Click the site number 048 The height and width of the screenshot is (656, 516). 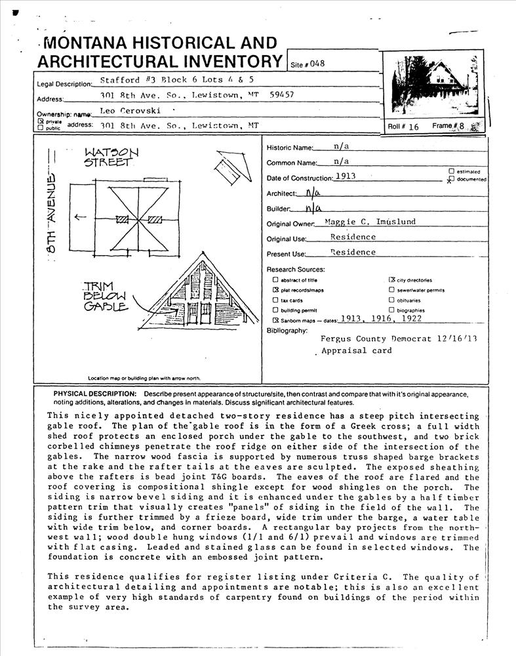coord(317,64)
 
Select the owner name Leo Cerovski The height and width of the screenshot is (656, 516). coord(130,111)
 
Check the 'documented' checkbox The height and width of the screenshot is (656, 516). coord(451,178)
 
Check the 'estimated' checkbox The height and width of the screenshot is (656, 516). coord(451,171)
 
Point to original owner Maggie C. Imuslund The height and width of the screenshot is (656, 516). coord(370,222)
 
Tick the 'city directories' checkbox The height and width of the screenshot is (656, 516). coord(391,279)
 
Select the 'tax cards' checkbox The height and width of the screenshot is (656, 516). coord(275,300)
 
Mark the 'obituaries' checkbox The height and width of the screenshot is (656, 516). coord(391,300)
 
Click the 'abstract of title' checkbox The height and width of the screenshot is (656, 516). coord(275,280)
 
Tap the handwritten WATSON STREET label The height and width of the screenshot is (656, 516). coord(111,157)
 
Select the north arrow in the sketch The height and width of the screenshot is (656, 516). coord(233,168)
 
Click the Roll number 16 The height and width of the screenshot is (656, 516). coord(413,127)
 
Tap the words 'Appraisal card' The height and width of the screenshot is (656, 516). coord(357,351)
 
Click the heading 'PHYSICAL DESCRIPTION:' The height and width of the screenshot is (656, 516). coord(95,394)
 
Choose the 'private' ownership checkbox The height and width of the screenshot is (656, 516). coord(41,121)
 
